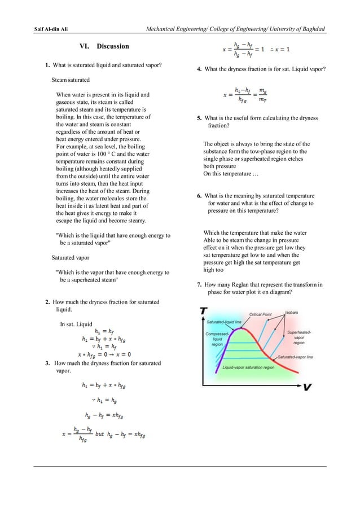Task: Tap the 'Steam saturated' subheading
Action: click(71, 80)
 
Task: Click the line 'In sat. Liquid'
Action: click(76, 324)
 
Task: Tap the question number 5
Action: click(199, 119)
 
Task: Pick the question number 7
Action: click(199, 285)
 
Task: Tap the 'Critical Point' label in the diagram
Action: click(260, 314)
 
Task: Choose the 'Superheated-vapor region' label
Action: click(299, 337)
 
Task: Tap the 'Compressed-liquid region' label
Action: click(217, 339)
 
